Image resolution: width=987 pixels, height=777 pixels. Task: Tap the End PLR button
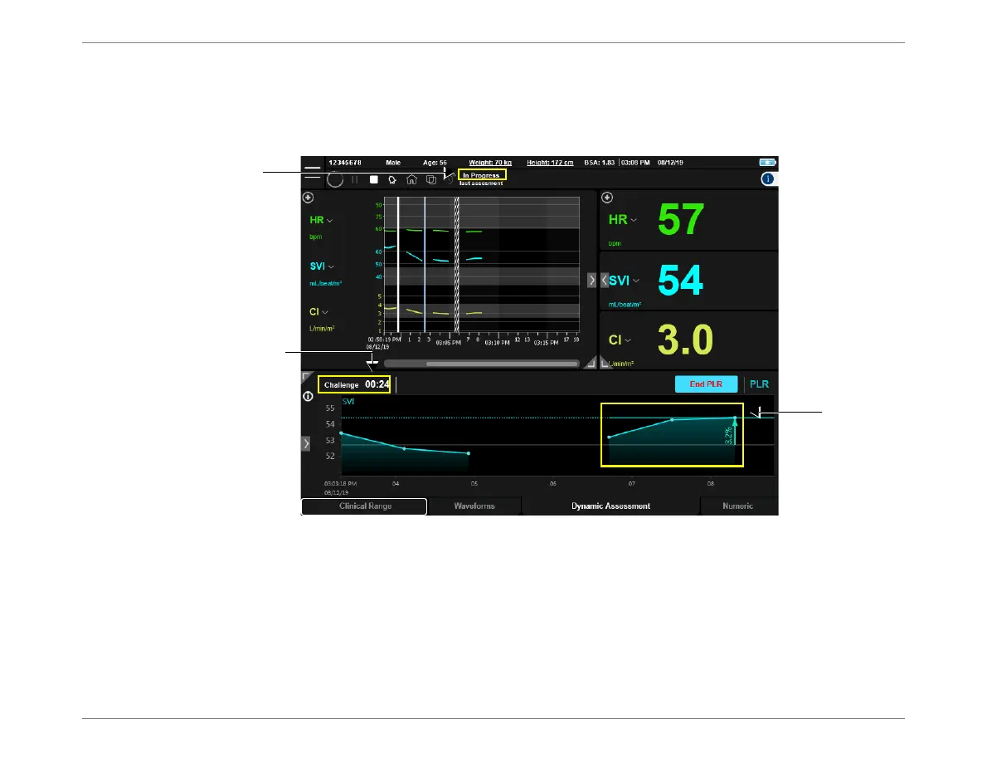point(706,384)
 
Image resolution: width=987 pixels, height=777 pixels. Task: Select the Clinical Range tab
point(365,506)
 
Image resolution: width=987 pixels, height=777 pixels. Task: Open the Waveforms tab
point(475,506)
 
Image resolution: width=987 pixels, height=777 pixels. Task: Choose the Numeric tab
point(737,506)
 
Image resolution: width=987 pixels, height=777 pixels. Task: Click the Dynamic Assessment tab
point(610,506)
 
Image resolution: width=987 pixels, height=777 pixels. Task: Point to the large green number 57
point(681,220)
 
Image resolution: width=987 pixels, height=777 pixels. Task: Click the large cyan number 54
point(681,280)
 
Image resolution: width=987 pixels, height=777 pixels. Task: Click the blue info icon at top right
point(768,178)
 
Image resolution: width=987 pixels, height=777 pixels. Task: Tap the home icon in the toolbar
point(411,178)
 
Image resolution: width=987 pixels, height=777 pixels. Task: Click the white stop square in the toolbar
point(374,178)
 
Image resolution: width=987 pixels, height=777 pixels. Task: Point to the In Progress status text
point(481,175)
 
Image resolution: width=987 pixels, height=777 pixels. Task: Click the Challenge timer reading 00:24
point(377,385)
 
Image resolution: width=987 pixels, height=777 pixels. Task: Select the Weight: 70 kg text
point(491,163)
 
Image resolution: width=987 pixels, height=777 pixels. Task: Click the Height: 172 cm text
point(550,163)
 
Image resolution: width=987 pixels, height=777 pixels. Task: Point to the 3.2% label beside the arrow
point(728,435)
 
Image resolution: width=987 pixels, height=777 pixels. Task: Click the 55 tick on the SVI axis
point(329,408)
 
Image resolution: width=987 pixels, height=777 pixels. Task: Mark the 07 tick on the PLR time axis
point(632,482)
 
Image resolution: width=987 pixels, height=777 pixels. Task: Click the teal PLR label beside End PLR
point(759,385)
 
